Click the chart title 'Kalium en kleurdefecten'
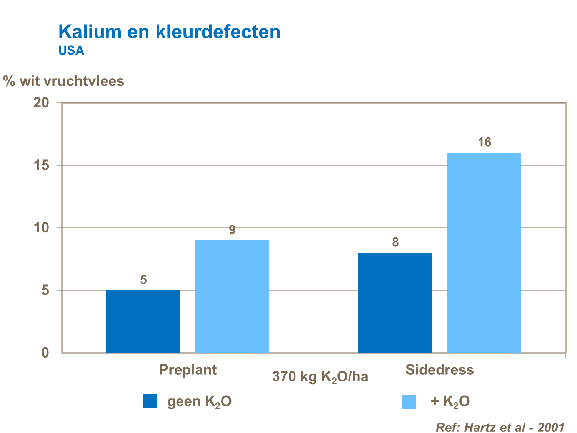[169, 32]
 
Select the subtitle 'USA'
[71, 51]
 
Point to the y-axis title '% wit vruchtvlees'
[64, 81]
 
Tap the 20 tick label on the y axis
[41, 103]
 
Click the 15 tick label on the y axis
[41, 166]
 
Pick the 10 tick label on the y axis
[41, 228]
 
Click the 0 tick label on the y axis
[45, 353]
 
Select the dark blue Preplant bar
[143, 321]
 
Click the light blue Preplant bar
[232, 296]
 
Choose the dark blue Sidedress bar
[395, 303]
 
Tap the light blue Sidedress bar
[484, 252]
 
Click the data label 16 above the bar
[484, 143]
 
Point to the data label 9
[232, 230]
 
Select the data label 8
[395, 242]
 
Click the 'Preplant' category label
[188, 370]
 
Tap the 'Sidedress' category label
[439, 370]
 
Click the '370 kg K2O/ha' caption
[320, 377]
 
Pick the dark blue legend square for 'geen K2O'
[150, 401]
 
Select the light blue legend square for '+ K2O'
[409, 402]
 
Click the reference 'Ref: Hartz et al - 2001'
[500, 427]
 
